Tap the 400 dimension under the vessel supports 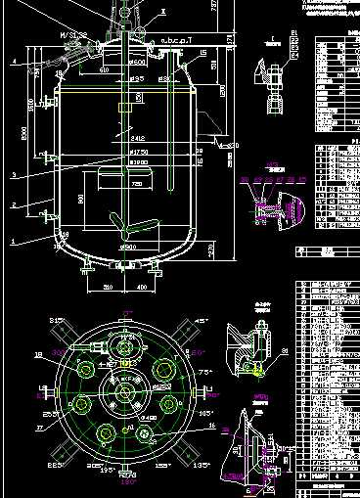tap(141, 287)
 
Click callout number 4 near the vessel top tap(15, 62)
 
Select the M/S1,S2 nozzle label tap(74, 34)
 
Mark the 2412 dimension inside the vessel tap(136, 139)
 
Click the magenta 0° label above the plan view tap(125, 312)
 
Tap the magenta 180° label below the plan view tap(125, 482)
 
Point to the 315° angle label tap(57, 320)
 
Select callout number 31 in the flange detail tap(285, 349)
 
